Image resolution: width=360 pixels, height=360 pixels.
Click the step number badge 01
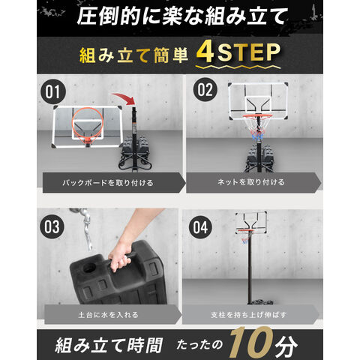pos(53,91)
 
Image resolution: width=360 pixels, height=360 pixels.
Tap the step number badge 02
pos(205,90)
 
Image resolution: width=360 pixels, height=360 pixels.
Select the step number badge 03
pos(52,226)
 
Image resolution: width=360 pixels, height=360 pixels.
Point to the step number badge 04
pos(200,227)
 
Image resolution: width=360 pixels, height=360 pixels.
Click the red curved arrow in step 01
pos(125,98)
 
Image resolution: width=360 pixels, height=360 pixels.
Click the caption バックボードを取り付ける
pos(108,183)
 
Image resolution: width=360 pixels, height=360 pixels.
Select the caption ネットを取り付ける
pos(251,182)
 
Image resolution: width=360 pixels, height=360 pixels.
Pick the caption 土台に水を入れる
pos(108,314)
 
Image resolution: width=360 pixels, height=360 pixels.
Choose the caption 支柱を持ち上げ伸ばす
pos(249,315)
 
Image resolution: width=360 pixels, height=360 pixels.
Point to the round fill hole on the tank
pos(89,268)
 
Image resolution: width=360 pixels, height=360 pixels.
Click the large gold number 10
pos(250,343)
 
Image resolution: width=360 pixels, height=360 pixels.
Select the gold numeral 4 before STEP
pos(205,52)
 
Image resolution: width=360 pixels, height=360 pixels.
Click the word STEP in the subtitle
pos(249,52)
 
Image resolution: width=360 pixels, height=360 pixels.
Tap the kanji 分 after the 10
pos(286,346)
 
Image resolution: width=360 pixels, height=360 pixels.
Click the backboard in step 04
pos(251,223)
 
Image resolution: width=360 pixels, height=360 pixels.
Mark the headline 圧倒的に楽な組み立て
pos(182,16)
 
